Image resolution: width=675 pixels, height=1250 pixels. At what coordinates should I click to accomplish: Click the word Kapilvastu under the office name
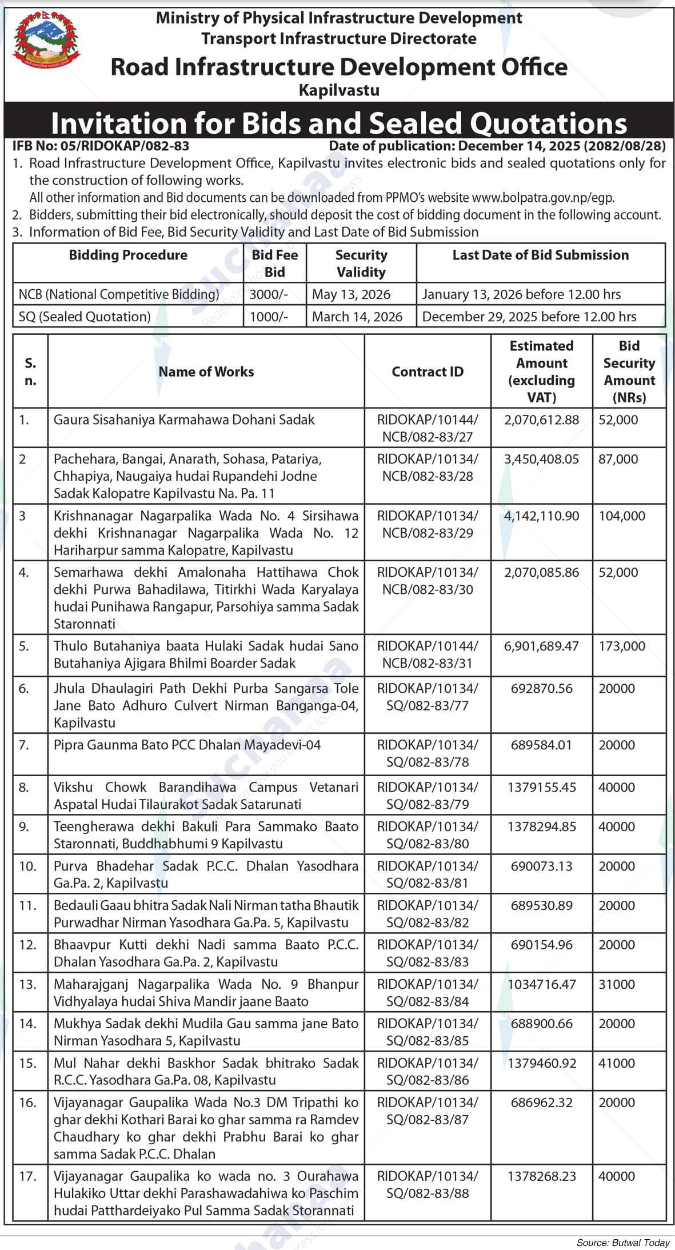339,90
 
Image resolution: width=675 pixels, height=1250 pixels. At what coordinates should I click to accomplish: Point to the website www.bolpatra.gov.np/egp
542,198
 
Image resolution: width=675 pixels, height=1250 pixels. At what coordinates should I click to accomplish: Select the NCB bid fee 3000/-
269,294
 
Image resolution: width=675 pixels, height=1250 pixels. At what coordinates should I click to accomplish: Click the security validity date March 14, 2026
357,317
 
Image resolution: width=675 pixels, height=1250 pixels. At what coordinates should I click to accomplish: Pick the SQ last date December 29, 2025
529,317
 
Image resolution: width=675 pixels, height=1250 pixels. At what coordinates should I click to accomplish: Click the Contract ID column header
428,372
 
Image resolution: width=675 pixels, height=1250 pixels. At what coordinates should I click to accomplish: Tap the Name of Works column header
206,372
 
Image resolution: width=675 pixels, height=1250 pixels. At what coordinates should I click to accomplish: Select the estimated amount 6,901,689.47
541,646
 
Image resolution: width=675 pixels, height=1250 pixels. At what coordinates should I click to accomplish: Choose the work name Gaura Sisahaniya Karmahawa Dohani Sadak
184,420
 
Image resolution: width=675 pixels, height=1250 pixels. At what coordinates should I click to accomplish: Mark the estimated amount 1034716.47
542,985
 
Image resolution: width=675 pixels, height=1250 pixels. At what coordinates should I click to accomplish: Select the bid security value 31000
617,985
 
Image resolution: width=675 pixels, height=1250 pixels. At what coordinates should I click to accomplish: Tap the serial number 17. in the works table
27,1177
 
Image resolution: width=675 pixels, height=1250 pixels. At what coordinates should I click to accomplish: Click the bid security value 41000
617,1064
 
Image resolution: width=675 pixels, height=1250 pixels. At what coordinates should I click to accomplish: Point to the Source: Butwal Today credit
622,1243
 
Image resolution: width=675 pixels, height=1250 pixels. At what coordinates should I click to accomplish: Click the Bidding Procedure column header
128,255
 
